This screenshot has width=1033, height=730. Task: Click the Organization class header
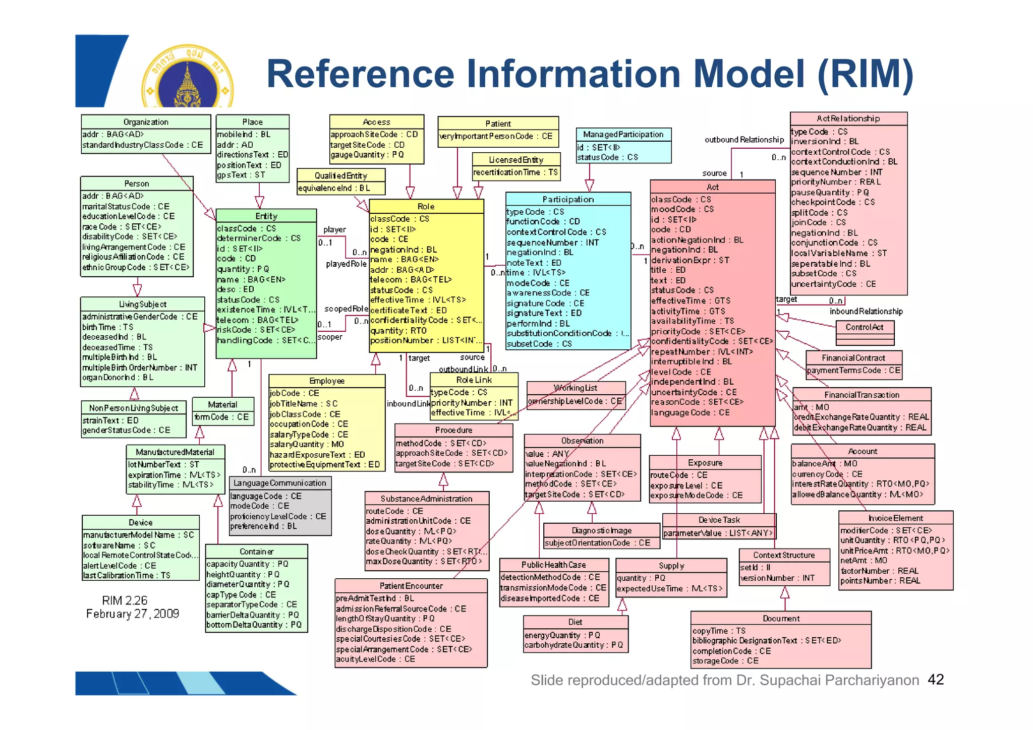pyautogui.click(x=146, y=122)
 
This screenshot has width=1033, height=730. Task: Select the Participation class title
pyautogui.click(x=568, y=199)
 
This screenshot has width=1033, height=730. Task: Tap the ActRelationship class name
pyautogui.click(x=848, y=118)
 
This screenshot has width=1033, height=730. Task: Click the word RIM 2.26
pyautogui.click(x=125, y=600)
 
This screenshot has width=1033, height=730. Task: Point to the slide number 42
pyautogui.click(x=936, y=680)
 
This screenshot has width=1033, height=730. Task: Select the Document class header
pyautogui.click(x=781, y=618)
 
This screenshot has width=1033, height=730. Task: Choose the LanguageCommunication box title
pyautogui.click(x=280, y=483)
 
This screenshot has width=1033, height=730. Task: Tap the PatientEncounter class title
pyautogui.click(x=411, y=586)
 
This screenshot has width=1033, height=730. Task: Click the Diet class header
pyautogui.click(x=575, y=622)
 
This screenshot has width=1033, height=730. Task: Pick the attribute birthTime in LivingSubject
pyautogui.click(x=107, y=327)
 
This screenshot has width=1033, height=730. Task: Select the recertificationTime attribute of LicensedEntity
pyautogui.click(x=515, y=172)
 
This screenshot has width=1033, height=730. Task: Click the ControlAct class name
pyautogui.click(x=865, y=327)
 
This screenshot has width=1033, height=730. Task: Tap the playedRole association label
pyautogui.click(x=346, y=264)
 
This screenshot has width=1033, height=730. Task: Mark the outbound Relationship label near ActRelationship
pyautogui.click(x=744, y=140)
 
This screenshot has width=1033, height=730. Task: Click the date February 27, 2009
pyautogui.click(x=132, y=614)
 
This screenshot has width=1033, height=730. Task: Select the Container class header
pyautogui.click(x=256, y=552)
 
